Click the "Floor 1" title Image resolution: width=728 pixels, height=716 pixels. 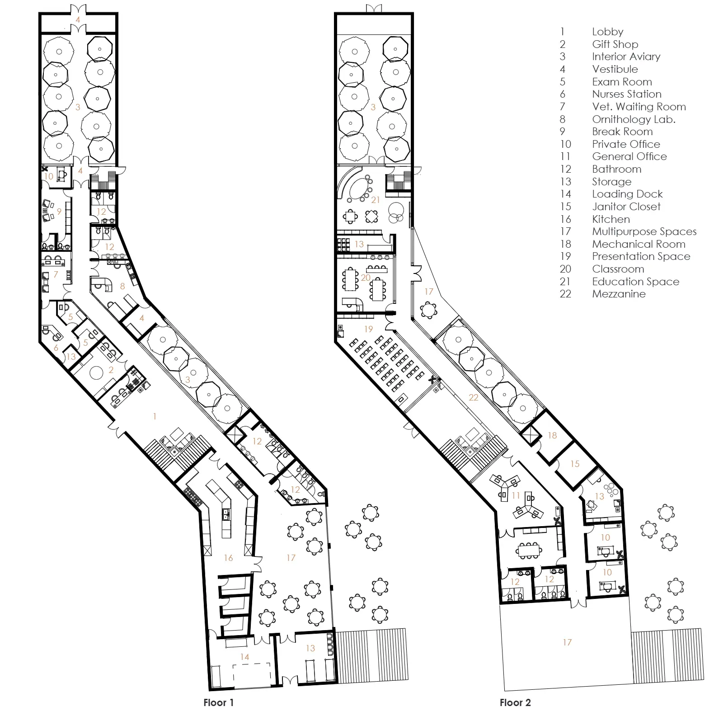(219, 702)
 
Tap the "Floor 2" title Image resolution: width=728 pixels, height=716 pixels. (515, 702)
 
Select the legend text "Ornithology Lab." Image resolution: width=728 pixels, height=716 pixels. (634, 119)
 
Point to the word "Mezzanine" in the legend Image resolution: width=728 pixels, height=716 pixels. (619, 294)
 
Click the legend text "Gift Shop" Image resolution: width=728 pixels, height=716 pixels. (615, 44)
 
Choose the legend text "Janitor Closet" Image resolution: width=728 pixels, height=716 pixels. (626, 207)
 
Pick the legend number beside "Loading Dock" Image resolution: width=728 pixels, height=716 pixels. (565, 194)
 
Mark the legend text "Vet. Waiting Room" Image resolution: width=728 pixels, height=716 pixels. (639, 107)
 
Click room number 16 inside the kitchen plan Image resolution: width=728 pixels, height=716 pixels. (228, 558)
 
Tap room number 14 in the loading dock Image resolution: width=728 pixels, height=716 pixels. (244, 657)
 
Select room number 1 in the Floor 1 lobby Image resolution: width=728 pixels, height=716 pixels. (155, 416)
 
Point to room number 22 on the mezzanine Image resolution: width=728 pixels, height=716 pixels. (473, 397)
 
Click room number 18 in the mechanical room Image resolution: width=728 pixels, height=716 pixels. (552, 435)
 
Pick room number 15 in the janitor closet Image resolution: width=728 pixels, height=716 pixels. (574, 464)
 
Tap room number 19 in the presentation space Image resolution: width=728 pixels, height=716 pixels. (368, 329)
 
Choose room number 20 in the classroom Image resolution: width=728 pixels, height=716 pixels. (366, 278)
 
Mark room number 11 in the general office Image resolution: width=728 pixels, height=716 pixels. (516, 495)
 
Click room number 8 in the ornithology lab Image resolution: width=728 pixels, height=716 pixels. (122, 286)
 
